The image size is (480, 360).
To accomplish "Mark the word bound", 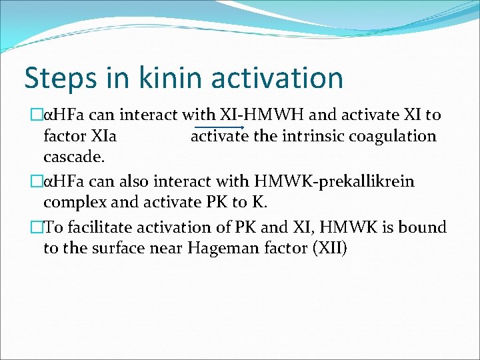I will (423, 227).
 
